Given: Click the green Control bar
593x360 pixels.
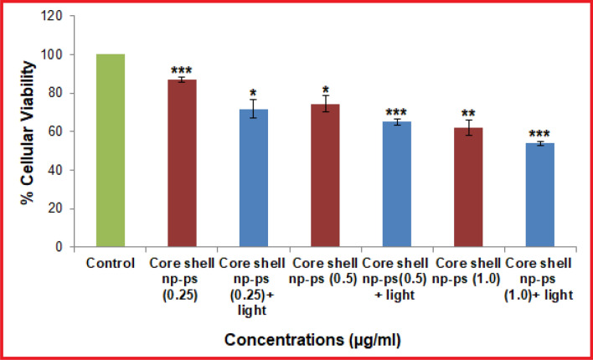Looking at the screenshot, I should (111, 151).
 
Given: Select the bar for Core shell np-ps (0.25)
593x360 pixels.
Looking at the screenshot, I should (183, 163).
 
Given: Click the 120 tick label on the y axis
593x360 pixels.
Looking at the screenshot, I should (54, 16).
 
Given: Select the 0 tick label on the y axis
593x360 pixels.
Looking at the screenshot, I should (61, 247).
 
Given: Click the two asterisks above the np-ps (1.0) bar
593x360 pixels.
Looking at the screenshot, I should (470, 112).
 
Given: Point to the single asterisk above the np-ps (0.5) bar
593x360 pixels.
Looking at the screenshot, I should (327, 88).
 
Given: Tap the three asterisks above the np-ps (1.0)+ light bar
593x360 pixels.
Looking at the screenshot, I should (542, 132).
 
